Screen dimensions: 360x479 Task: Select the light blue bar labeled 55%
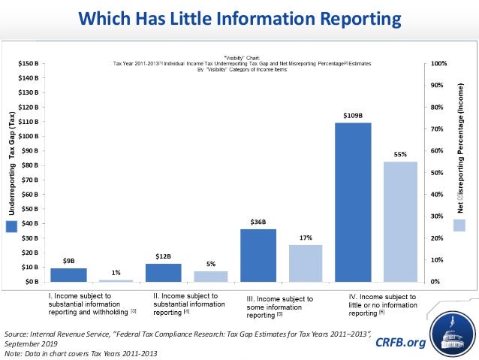click(x=399, y=222)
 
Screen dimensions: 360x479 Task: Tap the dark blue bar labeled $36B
click(x=258, y=255)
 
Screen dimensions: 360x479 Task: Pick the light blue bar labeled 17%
click(x=305, y=263)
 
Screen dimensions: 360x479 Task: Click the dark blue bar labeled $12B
click(x=163, y=272)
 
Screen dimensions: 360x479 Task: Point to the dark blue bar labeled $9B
click(x=68, y=274)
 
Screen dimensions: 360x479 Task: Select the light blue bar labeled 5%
click(x=211, y=276)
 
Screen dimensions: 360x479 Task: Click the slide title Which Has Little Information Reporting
click(x=239, y=17)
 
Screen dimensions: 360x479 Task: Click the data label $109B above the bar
click(x=353, y=115)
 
